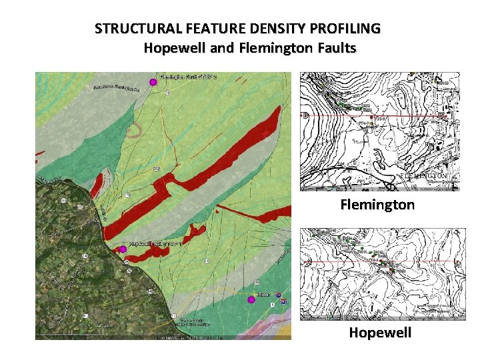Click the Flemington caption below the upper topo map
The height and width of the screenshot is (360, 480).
pyautogui.click(x=378, y=204)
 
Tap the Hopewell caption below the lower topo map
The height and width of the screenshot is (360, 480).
pyautogui.click(x=380, y=332)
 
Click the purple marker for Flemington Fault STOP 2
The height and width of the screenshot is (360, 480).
pyautogui.click(x=153, y=82)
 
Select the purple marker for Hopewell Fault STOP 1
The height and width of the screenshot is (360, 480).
pyautogui.click(x=123, y=249)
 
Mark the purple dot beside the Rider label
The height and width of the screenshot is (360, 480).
pyautogui.click(x=251, y=299)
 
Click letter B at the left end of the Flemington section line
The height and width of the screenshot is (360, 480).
pyautogui.click(x=305, y=115)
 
